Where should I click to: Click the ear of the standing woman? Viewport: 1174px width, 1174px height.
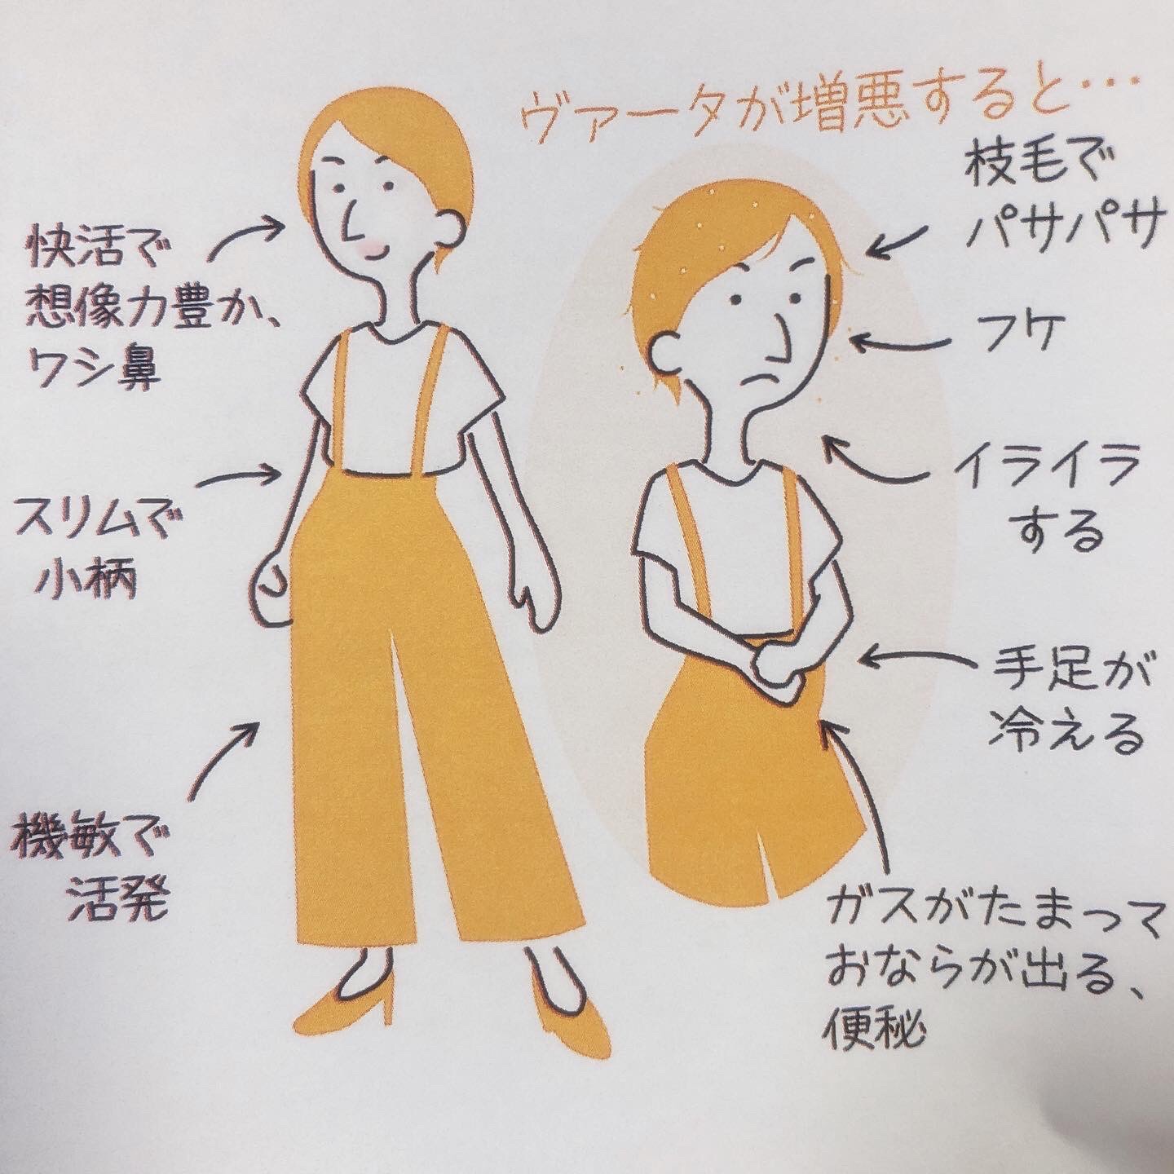453,228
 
